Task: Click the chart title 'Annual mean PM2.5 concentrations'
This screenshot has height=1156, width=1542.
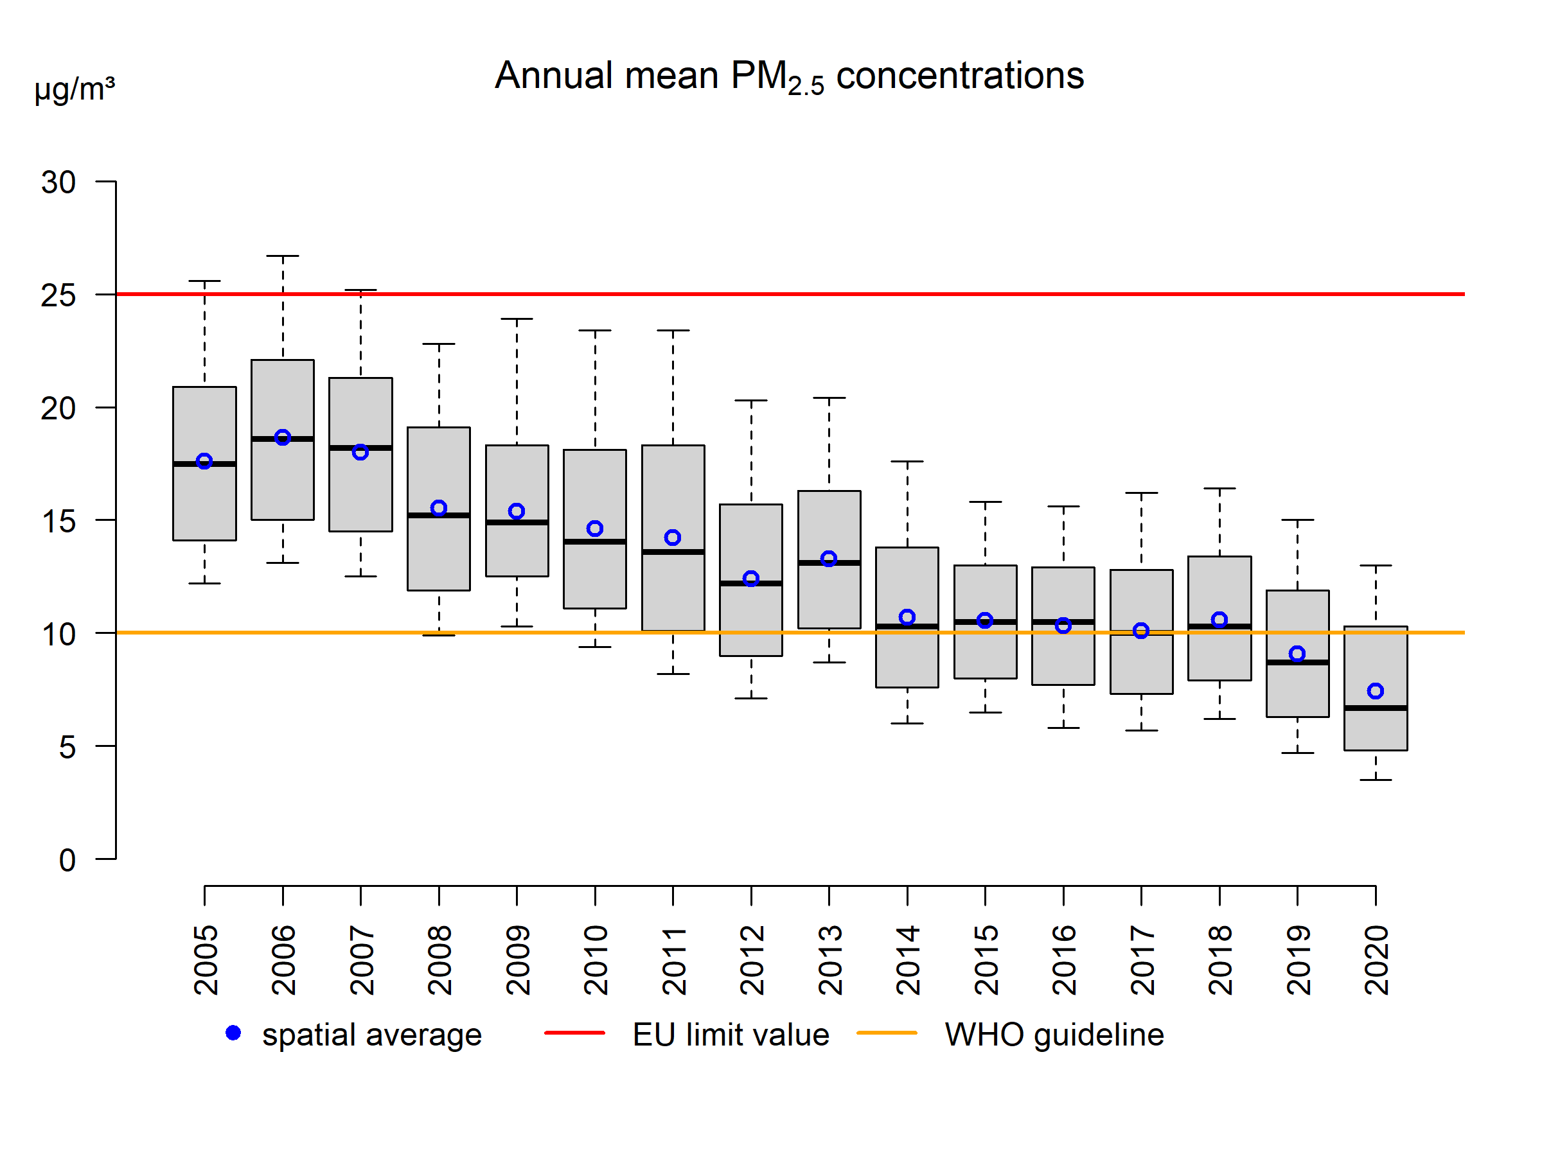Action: click(x=789, y=76)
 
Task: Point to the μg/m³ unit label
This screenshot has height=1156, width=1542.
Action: click(x=75, y=89)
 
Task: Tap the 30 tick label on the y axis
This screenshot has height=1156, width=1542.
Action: click(x=58, y=182)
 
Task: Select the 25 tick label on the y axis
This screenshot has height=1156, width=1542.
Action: click(x=58, y=295)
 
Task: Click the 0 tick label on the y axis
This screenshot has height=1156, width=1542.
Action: click(x=67, y=861)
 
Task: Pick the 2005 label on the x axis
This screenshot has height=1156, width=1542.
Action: click(x=206, y=960)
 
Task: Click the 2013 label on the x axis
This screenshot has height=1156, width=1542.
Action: click(x=829, y=960)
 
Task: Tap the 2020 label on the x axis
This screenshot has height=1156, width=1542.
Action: click(x=1376, y=960)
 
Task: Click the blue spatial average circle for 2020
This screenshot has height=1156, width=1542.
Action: click(x=1376, y=691)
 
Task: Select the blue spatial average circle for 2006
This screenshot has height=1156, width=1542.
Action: click(x=282, y=437)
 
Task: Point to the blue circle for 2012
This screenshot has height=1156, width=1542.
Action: click(x=751, y=579)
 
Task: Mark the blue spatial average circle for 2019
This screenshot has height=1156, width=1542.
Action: click(x=1297, y=654)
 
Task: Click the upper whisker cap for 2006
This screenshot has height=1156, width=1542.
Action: click(x=282, y=256)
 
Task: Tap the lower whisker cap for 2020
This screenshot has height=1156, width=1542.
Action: click(x=1376, y=780)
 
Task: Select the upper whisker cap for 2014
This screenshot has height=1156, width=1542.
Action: click(x=907, y=461)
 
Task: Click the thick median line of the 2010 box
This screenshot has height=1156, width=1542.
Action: click(x=594, y=541)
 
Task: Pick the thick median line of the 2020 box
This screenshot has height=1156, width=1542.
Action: click(x=1376, y=708)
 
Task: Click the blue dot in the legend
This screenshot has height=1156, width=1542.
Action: click(x=233, y=1033)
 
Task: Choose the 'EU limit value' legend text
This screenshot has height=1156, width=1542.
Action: click(x=731, y=1035)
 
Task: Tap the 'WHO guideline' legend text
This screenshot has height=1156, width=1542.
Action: click(x=1054, y=1035)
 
